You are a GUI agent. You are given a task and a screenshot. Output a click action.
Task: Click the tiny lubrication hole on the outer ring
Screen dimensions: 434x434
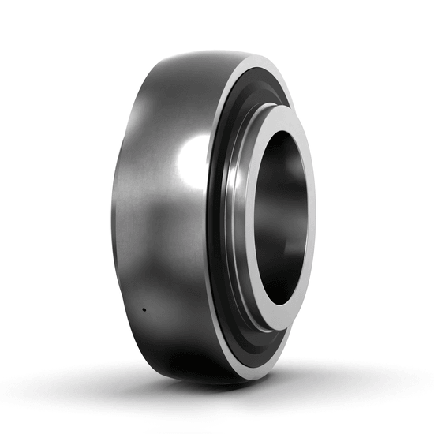point(144,309)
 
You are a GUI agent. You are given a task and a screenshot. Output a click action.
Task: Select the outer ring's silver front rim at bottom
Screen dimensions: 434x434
point(237,371)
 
